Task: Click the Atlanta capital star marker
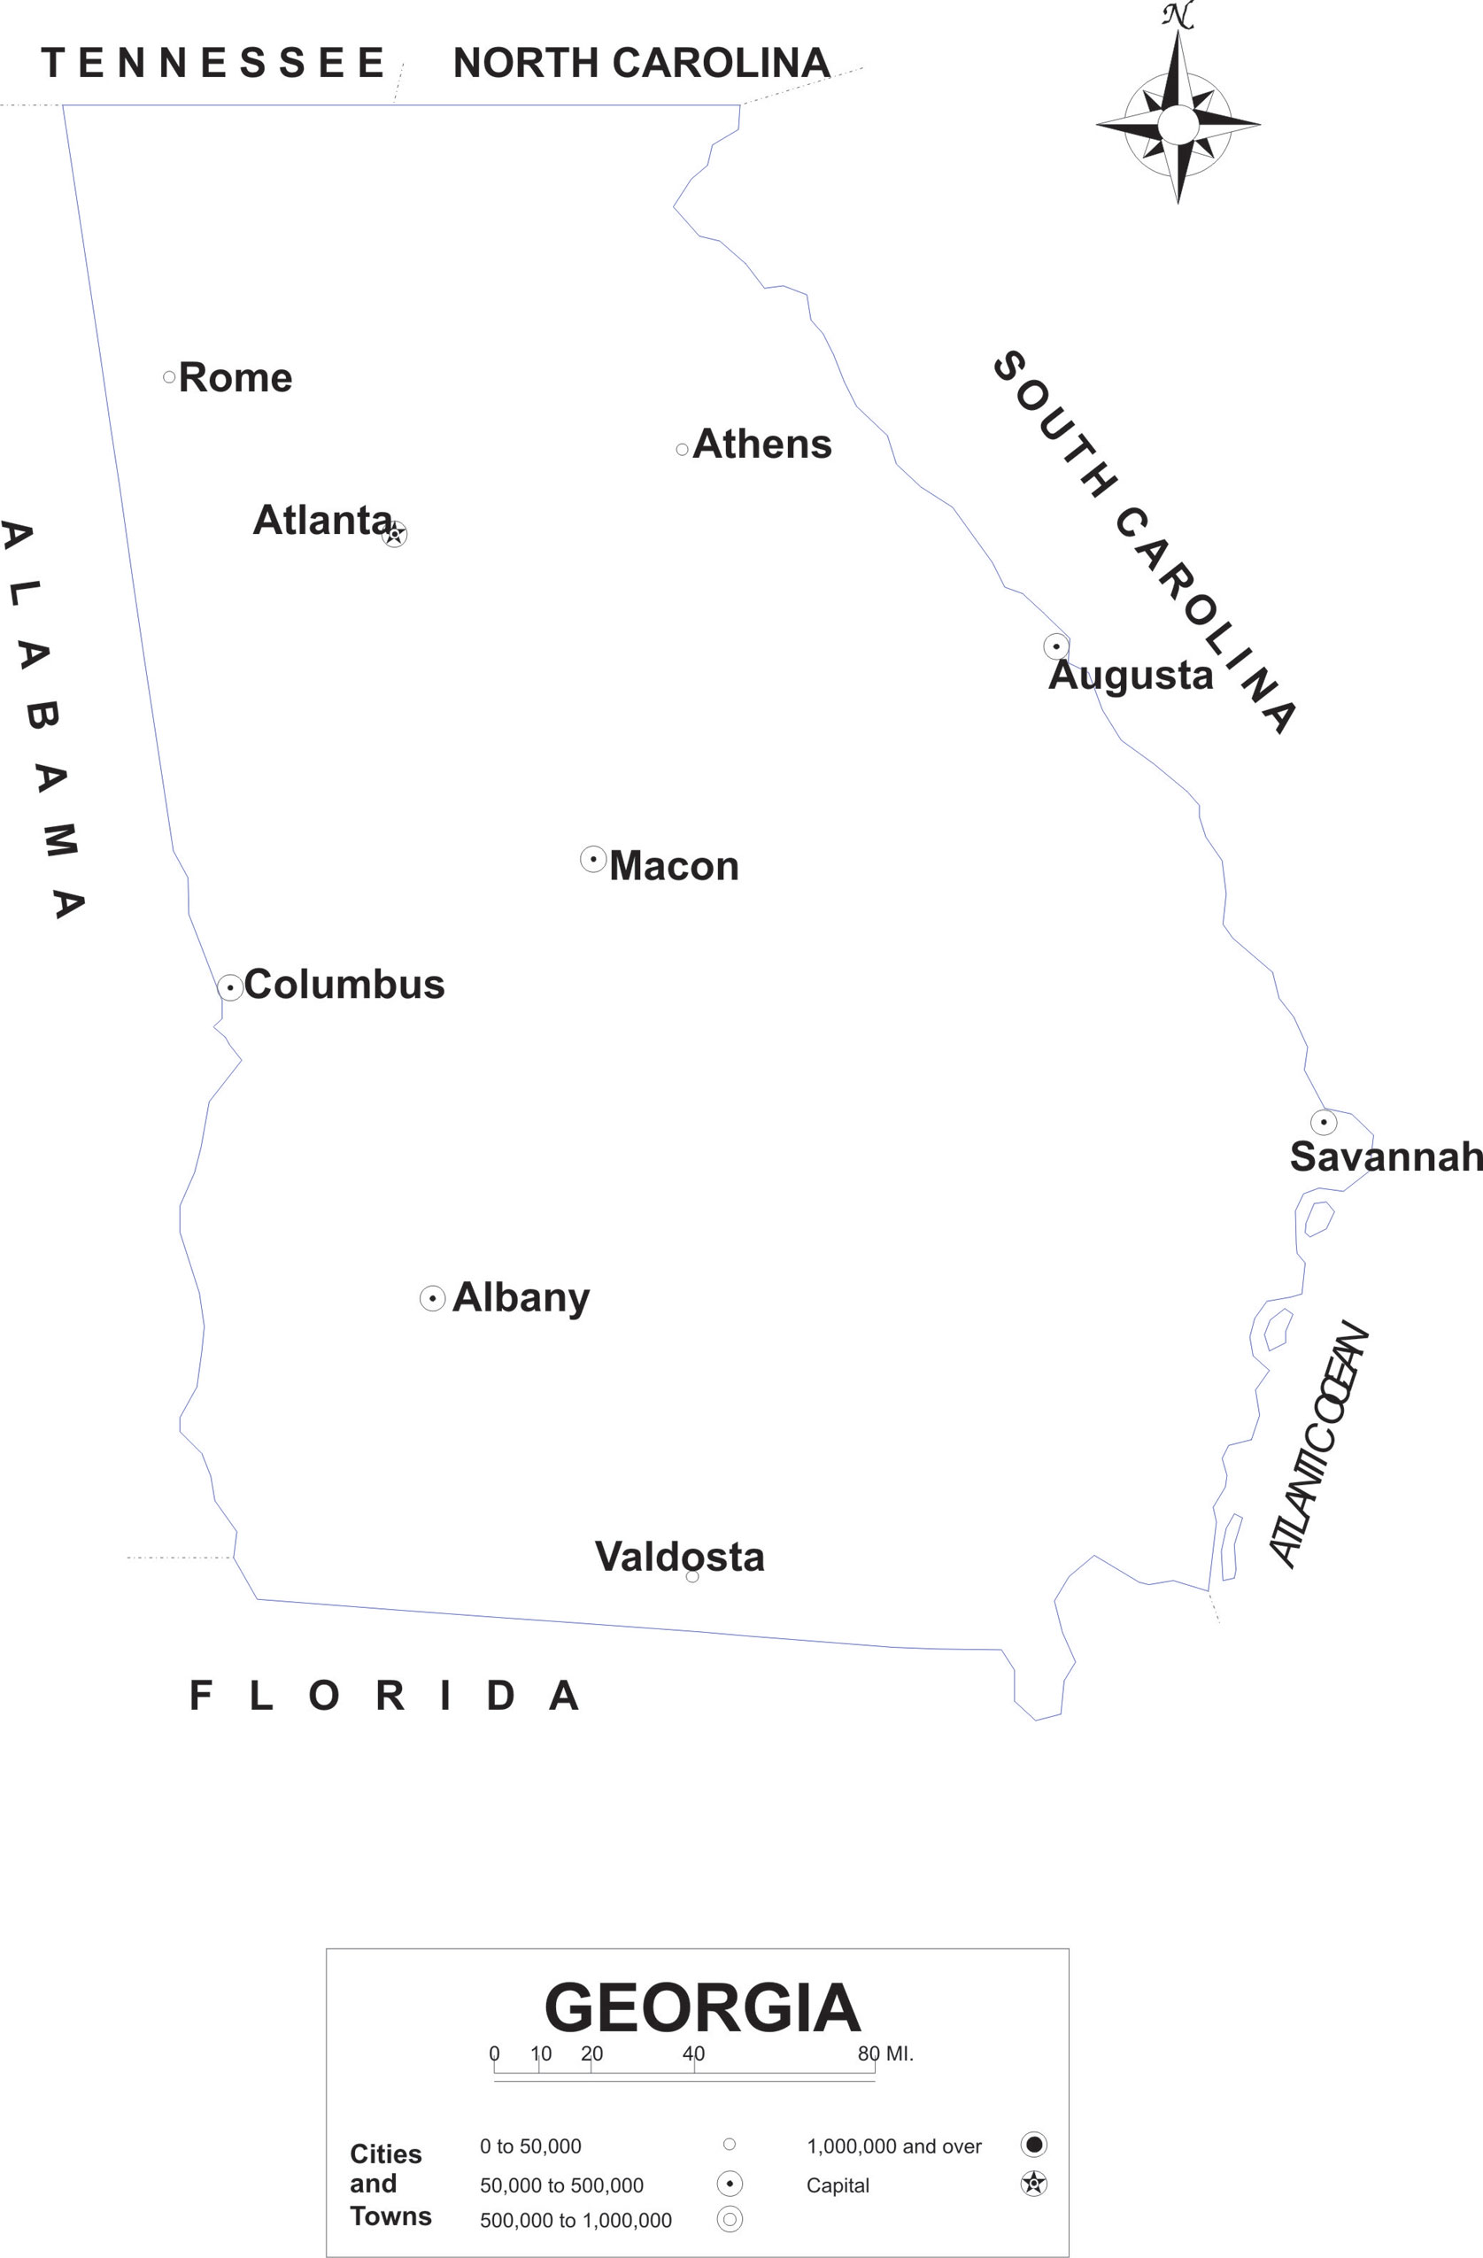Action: coord(395,534)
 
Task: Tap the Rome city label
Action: coord(236,377)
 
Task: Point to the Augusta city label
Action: coord(1130,676)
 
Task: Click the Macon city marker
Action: coord(593,860)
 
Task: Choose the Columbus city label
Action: coord(344,985)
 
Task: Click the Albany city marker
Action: coord(433,1298)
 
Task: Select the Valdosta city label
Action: coord(679,1557)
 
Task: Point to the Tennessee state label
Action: coord(212,64)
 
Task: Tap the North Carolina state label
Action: coord(641,64)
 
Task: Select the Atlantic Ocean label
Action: coord(1319,1443)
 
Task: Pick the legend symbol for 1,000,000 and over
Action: coord(1033,2144)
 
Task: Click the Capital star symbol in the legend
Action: coord(1033,2183)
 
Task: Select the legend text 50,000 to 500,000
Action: coord(561,2185)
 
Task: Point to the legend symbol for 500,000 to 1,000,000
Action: coord(730,2219)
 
